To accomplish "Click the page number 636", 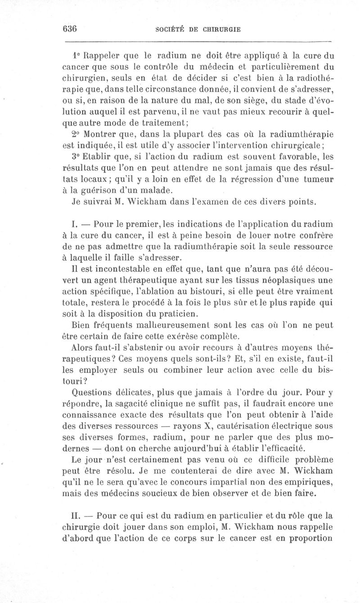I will tap(70, 29).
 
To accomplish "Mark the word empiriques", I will tap(306, 482).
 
